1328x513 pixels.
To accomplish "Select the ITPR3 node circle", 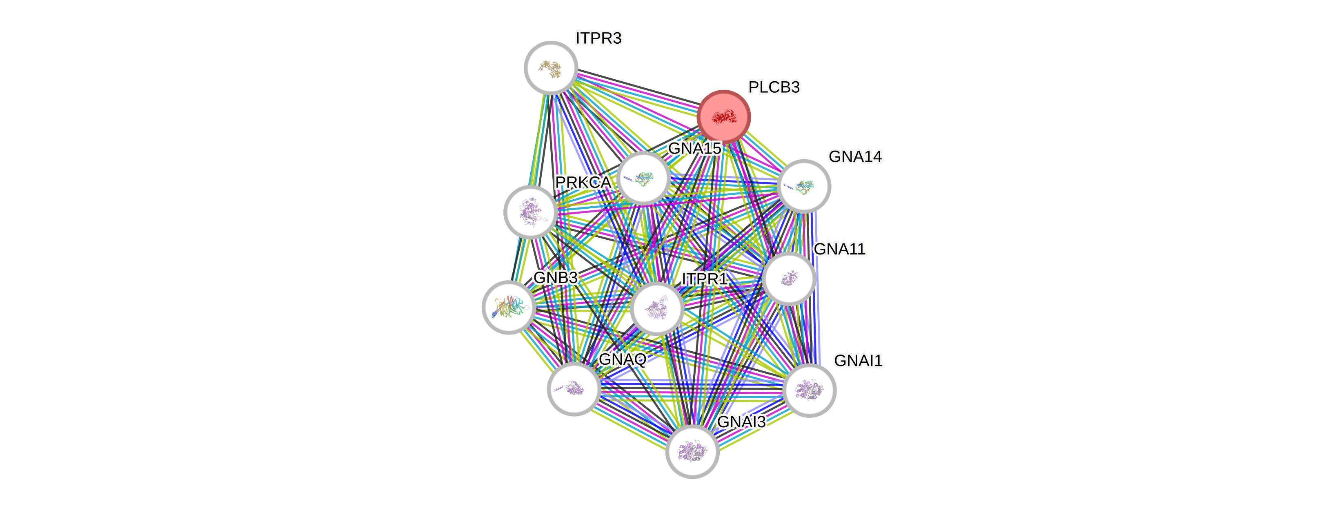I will coord(551,67).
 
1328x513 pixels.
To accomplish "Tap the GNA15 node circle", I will coord(643,178).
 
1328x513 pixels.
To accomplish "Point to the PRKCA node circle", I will coord(530,212).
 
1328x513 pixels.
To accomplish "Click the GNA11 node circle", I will coord(789,279).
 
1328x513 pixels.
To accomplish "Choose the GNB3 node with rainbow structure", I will coord(508,307).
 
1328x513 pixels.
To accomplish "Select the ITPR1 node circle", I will coord(657,308).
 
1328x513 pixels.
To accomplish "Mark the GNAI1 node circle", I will coord(809,390).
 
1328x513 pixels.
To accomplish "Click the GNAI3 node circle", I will coord(692,451).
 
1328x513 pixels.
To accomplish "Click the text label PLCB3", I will coord(774,88).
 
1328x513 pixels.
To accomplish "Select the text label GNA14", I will coord(855,156).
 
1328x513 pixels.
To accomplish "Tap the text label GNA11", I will coord(839,250).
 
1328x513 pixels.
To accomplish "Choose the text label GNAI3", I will coord(741,422).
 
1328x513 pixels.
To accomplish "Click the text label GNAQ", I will coord(622,359).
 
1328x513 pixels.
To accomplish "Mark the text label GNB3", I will coord(555,278).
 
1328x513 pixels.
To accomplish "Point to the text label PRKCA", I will coord(583,183).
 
